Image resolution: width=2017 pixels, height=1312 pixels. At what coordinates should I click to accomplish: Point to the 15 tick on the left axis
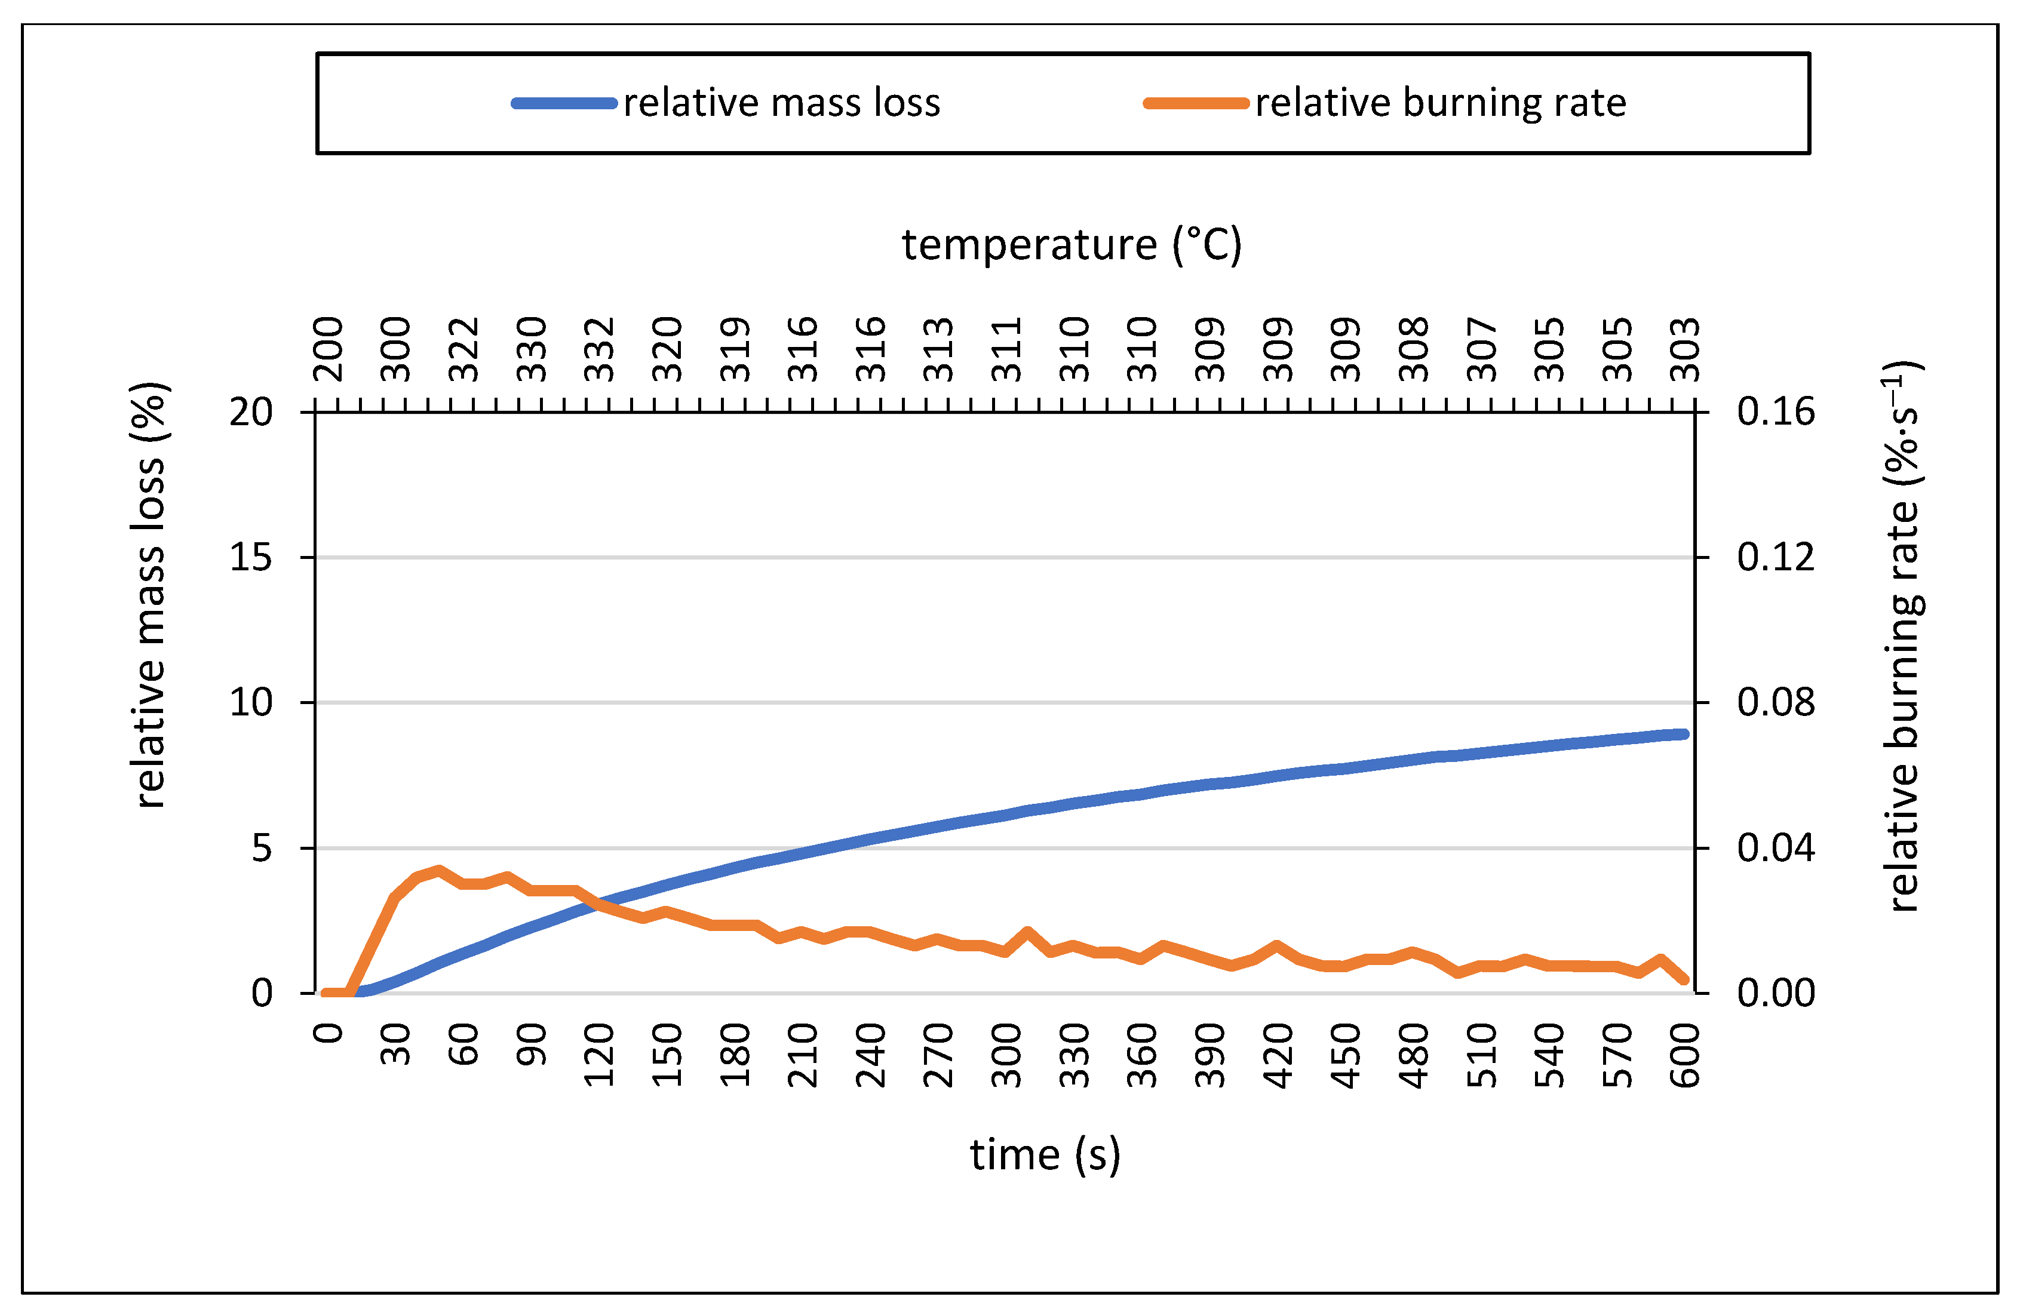click(251, 557)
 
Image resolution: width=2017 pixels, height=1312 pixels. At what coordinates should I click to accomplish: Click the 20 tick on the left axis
click(251, 412)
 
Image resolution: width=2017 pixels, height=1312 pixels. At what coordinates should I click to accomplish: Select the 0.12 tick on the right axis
click(1776, 557)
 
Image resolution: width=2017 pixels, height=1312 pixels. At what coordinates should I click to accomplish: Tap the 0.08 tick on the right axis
click(1776, 703)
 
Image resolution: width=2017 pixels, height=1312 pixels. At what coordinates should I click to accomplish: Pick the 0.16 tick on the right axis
click(1776, 412)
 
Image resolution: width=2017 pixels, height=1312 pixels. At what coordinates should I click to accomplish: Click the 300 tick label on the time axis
click(1007, 1055)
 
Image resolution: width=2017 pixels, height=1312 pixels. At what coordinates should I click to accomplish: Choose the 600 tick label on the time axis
click(1685, 1055)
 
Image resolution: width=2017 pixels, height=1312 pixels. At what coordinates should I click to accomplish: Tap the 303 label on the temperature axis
click(1685, 349)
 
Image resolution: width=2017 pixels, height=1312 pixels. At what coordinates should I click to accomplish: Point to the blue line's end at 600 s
click(1683, 734)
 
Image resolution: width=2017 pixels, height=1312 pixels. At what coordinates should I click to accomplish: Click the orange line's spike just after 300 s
click(1028, 932)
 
